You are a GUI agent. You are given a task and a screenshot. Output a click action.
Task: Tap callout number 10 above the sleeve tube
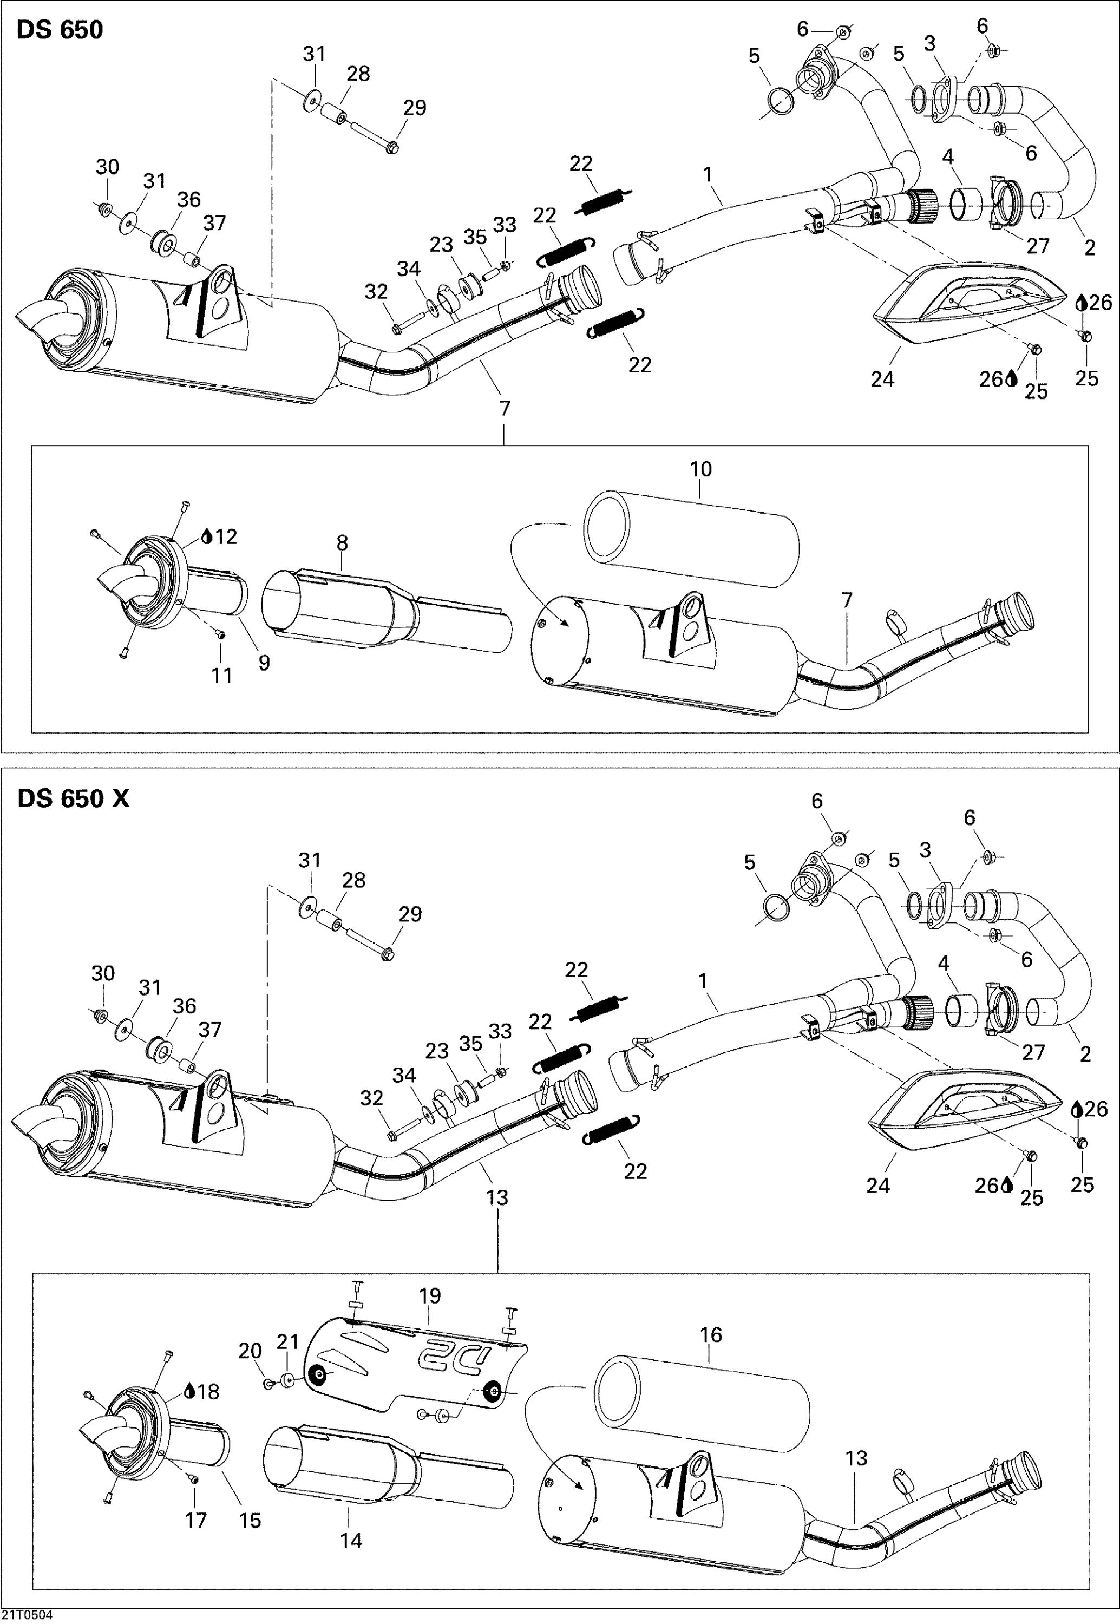[x=700, y=469]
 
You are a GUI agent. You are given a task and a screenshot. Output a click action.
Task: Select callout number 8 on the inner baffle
[x=342, y=542]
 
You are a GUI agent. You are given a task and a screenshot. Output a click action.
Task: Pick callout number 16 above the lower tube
[x=710, y=1335]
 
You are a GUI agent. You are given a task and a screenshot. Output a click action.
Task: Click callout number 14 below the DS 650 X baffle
[x=351, y=1541]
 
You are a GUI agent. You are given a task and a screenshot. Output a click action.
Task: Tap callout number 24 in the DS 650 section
[x=882, y=379]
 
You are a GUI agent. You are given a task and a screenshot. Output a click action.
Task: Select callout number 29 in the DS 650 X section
[x=410, y=914]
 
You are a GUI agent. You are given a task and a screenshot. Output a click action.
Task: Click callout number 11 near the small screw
[x=222, y=675]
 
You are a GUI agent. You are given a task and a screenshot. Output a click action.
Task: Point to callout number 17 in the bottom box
[x=196, y=1520]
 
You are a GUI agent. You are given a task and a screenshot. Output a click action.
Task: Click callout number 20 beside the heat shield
[x=250, y=1351]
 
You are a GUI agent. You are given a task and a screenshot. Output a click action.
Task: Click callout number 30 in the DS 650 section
[x=107, y=167]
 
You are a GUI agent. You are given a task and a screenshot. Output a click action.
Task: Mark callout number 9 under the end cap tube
[x=264, y=663]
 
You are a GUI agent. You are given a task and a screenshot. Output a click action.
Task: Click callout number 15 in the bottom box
[x=250, y=1520]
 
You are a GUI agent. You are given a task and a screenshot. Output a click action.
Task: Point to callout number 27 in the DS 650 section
[x=1037, y=246]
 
